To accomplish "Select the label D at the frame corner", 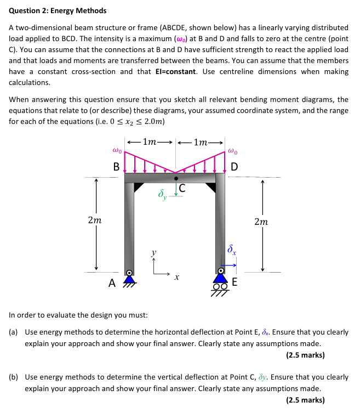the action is [x=234, y=167].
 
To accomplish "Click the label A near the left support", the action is [x=112, y=284].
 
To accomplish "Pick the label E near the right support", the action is [x=235, y=283].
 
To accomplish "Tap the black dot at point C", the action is [x=176, y=178].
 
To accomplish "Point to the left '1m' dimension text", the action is [x=150, y=142].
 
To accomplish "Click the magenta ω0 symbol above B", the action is [x=116, y=149].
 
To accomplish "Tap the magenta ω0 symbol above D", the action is [x=233, y=149].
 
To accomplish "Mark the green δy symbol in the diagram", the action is [x=162, y=194].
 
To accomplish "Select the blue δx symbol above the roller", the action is [x=232, y=250].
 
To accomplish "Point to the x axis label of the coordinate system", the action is [x=176, y=278].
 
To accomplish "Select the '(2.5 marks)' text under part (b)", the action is [x=305, y=400].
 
